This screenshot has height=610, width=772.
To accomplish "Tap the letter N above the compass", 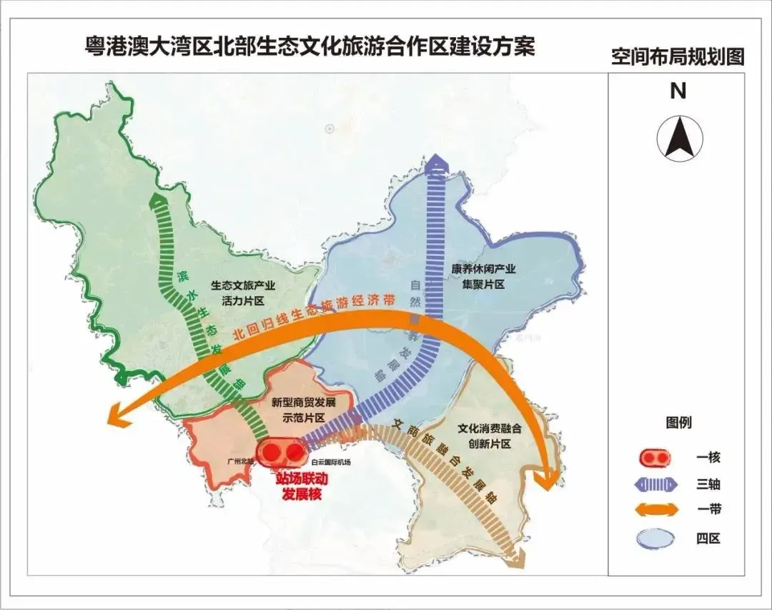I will coord(678,91).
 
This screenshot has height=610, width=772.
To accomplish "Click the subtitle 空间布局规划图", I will coord(677,57).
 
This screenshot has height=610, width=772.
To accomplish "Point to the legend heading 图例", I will coord(678,423).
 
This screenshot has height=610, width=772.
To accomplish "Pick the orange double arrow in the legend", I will coord(654,509).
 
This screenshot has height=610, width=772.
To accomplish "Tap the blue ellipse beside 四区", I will coord(654,537).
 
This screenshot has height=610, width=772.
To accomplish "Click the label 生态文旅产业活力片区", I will coord(243,292).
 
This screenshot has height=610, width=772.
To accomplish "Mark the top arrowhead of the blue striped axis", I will coord(436,164).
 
